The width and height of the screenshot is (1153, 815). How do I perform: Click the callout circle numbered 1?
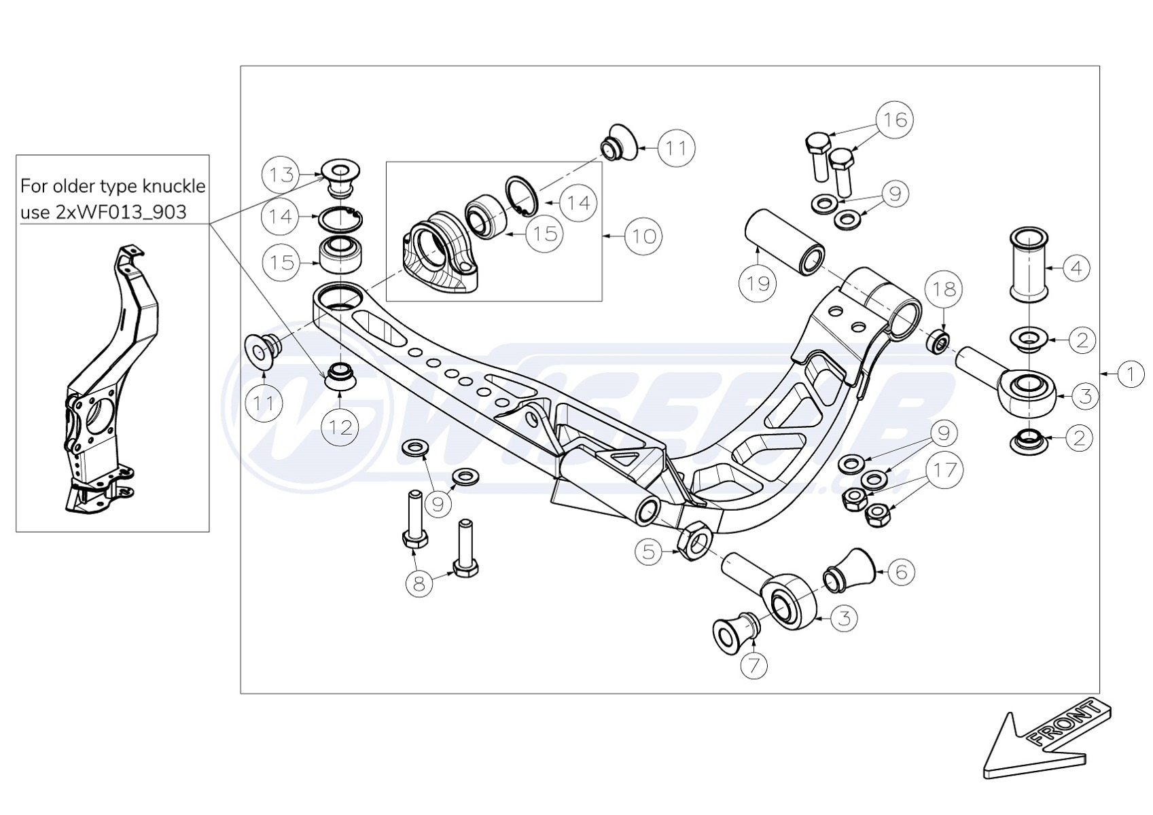pos(1131,374)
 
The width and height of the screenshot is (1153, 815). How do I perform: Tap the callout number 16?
pos(895,120)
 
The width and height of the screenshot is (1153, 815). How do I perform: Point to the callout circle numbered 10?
pos(643,236)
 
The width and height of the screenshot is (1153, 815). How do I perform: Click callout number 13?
pos(281,175)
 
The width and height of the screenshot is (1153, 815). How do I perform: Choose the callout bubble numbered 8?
pos(419,583)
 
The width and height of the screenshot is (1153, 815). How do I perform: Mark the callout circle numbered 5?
pos(650,551)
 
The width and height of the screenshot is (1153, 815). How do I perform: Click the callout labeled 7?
pos(753,664)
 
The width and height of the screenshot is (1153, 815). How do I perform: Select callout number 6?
pos(901,572)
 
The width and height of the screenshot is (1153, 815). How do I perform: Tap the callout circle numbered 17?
pos(945,470)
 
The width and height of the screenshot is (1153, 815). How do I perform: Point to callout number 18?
pos(944,289)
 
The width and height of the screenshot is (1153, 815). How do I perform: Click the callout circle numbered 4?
pos(1076,268)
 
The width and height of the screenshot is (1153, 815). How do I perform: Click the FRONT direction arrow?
pos(1046,746)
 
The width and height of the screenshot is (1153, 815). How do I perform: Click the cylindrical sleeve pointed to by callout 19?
pos(786,242)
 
